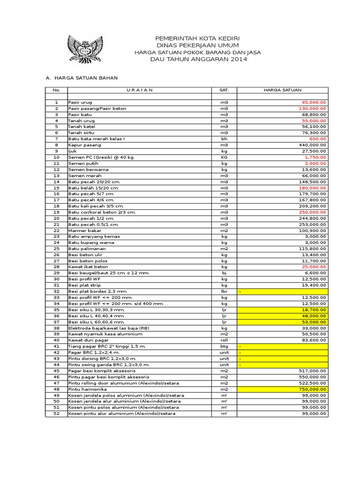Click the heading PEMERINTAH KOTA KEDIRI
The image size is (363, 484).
[x=198, y=38]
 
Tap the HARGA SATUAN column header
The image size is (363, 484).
[x=282, y=90]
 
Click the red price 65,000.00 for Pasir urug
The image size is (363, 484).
[x=313, y=102]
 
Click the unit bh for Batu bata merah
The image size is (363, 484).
[x=224, y=139]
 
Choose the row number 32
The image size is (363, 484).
[x=56, y=291]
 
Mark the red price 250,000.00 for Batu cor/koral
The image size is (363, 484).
[x=312, y=212]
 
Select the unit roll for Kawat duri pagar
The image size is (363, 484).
[x=224, y=340]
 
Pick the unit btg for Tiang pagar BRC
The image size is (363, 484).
[x=224, y=346]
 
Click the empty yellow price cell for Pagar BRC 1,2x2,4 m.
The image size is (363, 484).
[x=283, y=353]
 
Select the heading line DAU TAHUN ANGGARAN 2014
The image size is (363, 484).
[x=198, y=59]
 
